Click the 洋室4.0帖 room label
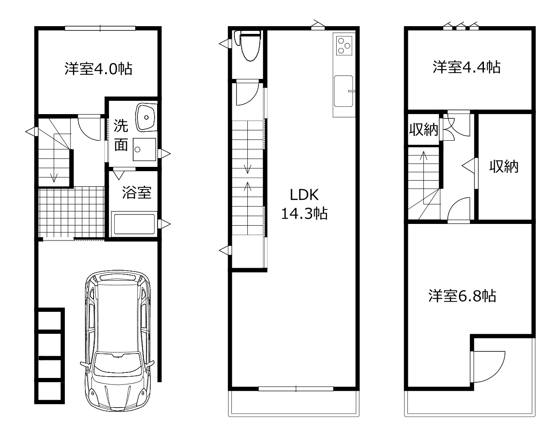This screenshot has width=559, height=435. (x=98, y=69)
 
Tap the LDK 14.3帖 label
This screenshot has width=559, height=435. (x=304, y=204)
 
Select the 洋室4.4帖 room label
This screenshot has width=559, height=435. (x=466, y=67)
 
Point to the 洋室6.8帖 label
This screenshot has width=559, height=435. (x=462, y=296)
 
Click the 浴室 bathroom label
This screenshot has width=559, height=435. (x=137, y=193)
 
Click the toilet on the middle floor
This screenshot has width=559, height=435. (x=250, y=46)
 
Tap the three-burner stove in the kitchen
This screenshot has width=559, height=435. (x=344, y=45)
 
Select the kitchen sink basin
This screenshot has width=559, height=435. (x=343, y=91)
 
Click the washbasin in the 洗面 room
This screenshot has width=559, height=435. (x=146, y=118)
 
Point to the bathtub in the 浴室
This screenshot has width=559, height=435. (x=134, y=224)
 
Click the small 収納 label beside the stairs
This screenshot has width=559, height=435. (x=423, y=130)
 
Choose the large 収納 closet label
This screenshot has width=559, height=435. (x=504, y=166)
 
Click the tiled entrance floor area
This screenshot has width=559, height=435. (x=71, y=213)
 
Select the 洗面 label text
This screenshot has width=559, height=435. (x=121, y=135)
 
